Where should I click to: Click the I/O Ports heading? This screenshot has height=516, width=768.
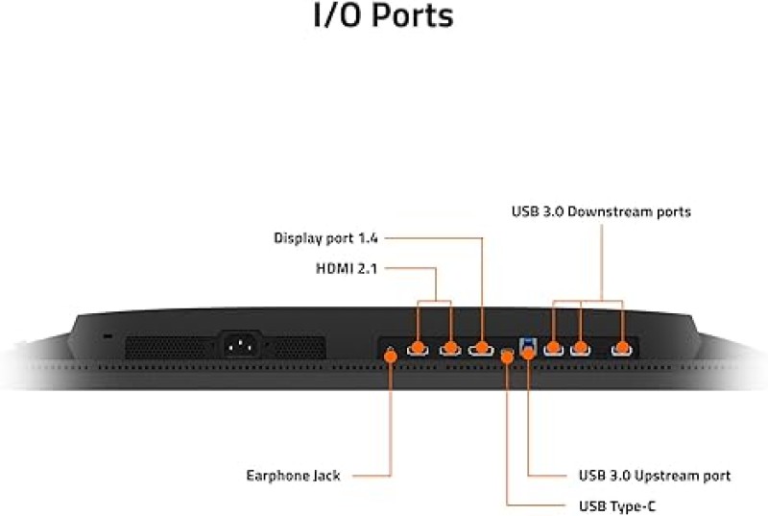[x=383, y=15]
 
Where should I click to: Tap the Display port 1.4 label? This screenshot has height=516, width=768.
[x=325, y=238]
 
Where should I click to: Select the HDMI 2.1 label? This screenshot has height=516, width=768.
[x=347, y=268]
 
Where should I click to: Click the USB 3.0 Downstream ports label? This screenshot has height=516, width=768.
[x=601, y=211]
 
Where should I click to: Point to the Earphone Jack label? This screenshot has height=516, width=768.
[x=293, y=476]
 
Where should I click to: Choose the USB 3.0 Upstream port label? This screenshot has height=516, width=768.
[x=655, y=476]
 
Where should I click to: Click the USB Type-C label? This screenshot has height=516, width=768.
[x=616, y=505]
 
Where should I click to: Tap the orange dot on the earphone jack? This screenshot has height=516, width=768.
[x=391, y=356]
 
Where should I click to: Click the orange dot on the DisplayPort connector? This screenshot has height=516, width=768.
[x=482, y=348]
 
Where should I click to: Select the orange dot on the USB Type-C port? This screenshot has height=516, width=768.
[x=508, y=356]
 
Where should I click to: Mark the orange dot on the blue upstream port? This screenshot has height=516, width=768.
[x=528, y=353]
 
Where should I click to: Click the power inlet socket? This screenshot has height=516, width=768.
[x=242, y=345]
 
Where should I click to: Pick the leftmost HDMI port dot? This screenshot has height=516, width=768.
[x=418, y=348]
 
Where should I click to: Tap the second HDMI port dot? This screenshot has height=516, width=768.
[x=450, y=348]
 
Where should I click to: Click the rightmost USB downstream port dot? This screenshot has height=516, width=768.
[x=622, y=348]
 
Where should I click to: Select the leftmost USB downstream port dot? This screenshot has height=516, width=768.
[x=554, y=348]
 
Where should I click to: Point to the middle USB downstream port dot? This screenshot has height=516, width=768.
[x=581, y=348]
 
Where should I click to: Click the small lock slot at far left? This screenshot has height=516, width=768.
[x=108, y=336]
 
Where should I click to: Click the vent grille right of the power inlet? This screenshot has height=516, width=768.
[x=298, y=348]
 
